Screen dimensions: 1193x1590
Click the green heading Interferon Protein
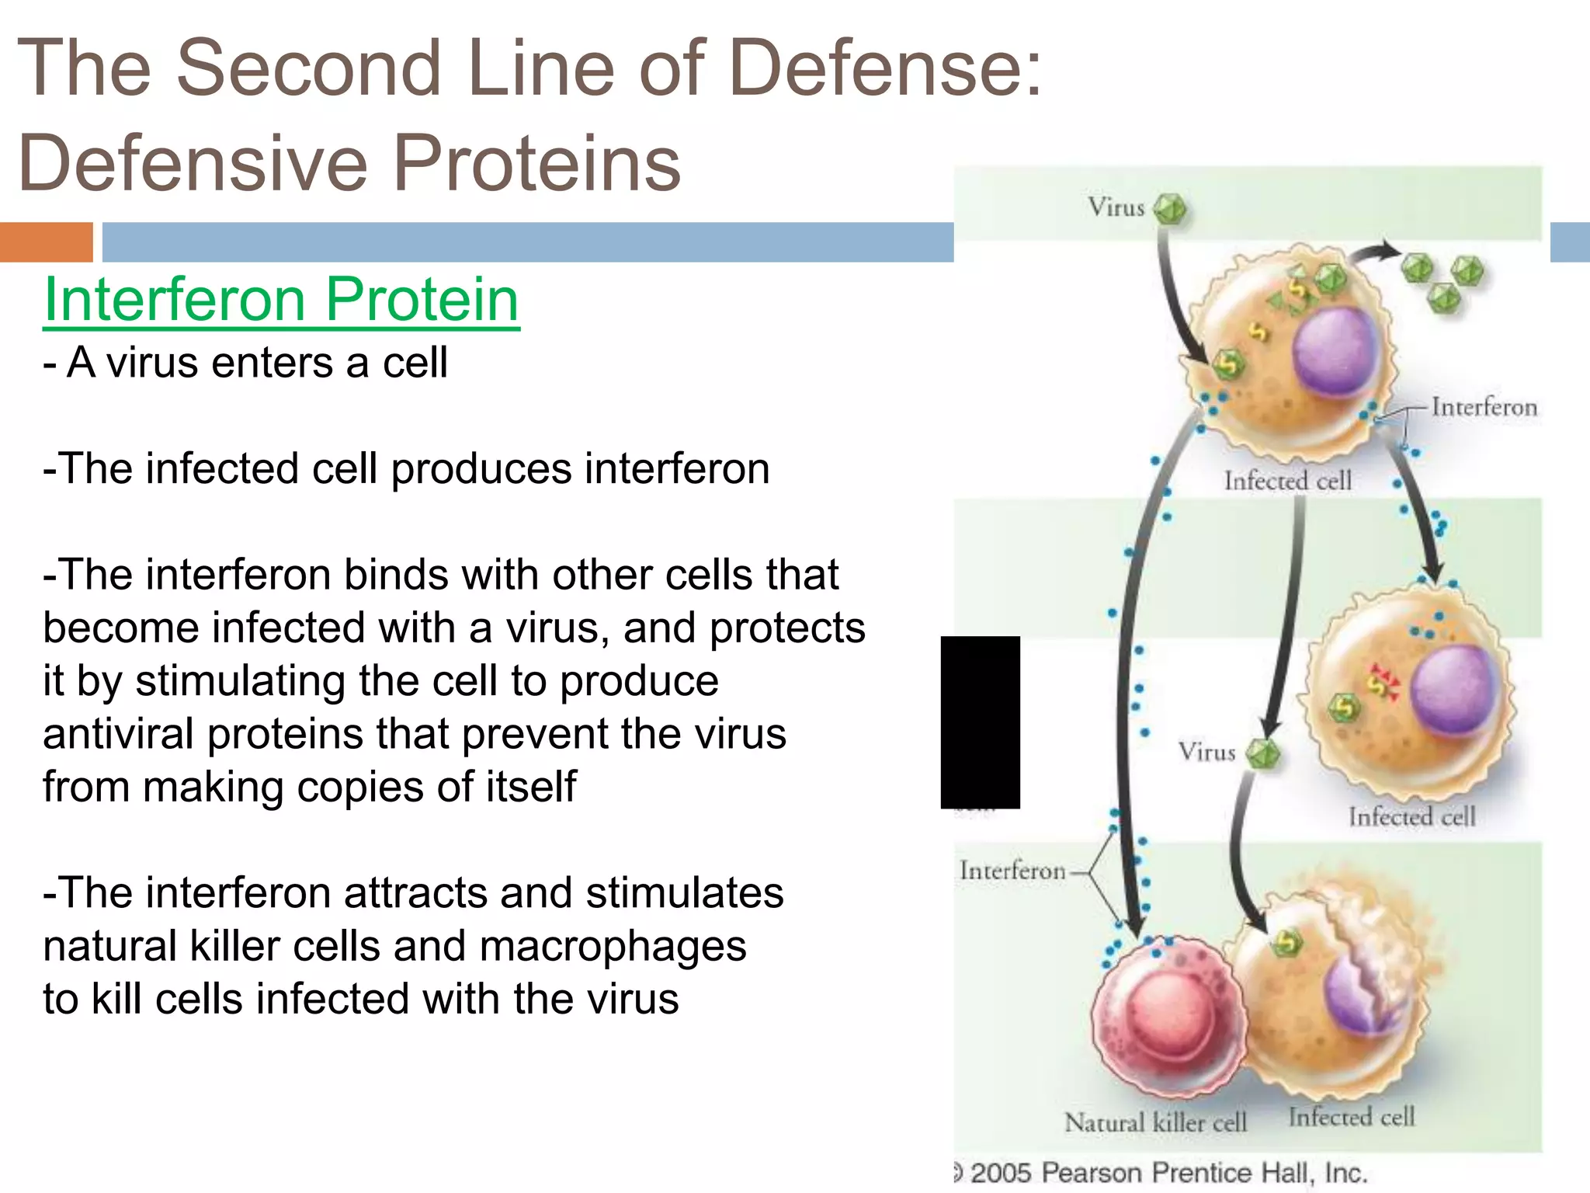[x=281, y=300]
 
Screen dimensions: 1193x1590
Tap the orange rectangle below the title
[x=46, y=242]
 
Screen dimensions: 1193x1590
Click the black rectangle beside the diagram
[x=980, y=722]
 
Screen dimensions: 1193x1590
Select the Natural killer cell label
[x=1155, y=1122]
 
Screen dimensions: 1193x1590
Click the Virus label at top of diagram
[x=1116, y=207]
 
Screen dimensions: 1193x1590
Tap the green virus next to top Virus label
[x=1169, y=209]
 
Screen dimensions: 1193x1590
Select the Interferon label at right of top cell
[x=1484, y=407]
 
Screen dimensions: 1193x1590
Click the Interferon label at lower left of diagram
[x=1012, y=871]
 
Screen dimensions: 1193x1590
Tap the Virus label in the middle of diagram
[x=1206, y=752]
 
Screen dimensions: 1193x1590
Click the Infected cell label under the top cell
[x=1287, y=481]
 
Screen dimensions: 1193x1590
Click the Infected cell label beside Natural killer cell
[x=1351, y=1118]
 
